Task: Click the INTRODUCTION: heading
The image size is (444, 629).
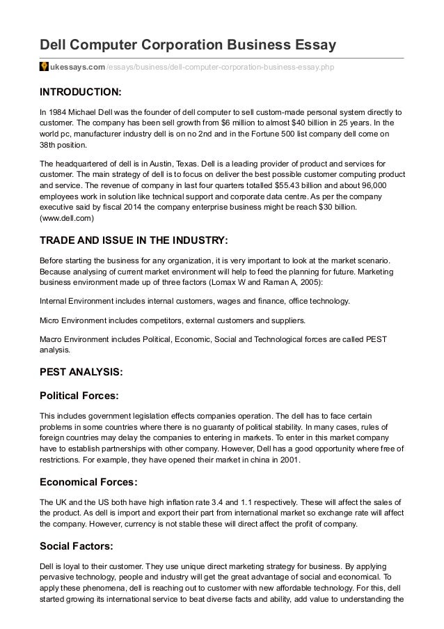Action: tap(80, 92)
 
